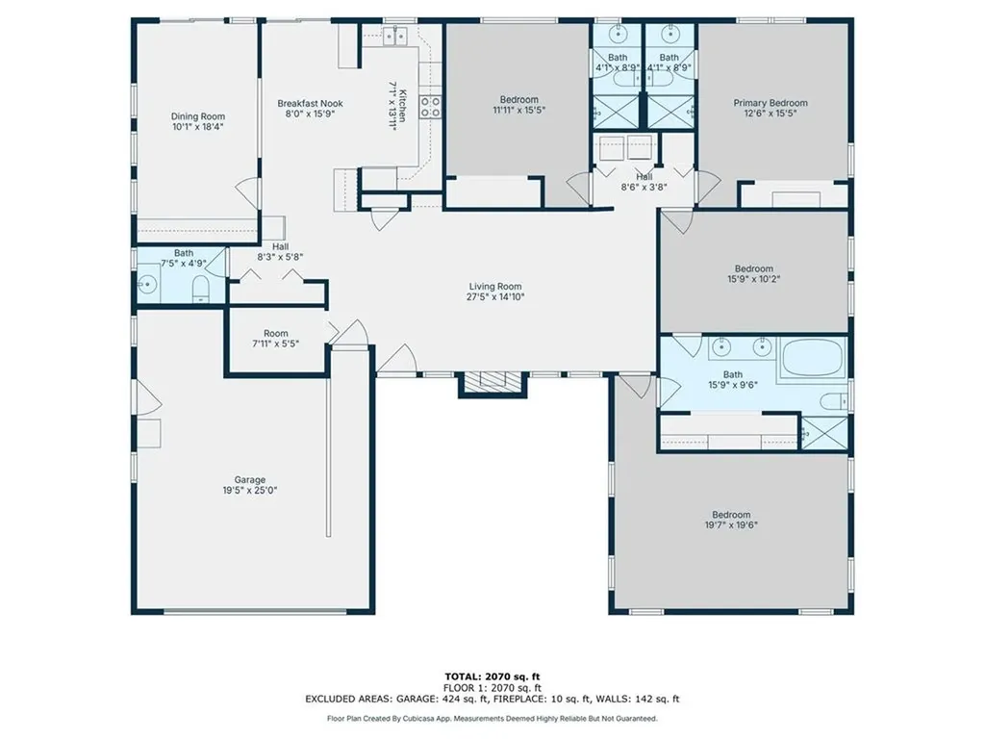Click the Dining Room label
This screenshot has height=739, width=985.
click(x=198, y=116)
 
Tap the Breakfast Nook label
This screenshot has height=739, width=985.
click(x=311, y=104)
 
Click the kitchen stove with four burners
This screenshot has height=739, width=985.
click(x=430, y=108)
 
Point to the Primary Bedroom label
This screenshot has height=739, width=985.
click(x=770, y=103)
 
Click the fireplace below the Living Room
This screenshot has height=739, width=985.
click(x=492, y=383)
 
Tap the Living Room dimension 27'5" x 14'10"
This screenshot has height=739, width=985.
click(x=495, y=297)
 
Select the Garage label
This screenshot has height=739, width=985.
click(x=250, y=480)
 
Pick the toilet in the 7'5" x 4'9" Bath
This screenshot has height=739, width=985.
click(x=200, y=290)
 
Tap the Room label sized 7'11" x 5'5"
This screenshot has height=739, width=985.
click(x=276, y=334)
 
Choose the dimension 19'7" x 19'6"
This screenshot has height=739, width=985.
click(x=731, y=525)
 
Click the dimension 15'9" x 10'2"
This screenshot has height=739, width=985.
click(x=754, y=279)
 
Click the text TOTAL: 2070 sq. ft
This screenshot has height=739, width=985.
click(x=492, y=676)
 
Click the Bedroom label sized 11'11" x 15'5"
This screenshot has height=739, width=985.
click(x=518, y=99)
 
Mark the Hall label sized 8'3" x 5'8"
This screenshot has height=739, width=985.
click(x=280, y=247)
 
